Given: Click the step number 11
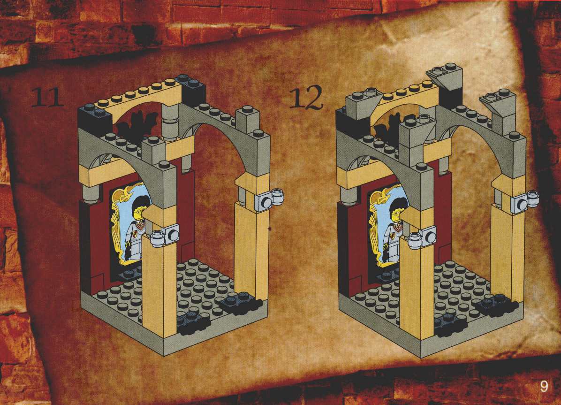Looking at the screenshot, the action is tap(47, 97).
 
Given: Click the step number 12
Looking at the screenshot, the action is tap(306, 98).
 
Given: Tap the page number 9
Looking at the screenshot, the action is tap(544, 386).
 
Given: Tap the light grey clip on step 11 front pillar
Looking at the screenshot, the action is tap(165, 237).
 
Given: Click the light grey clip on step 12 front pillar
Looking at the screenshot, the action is tap(423, 238).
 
